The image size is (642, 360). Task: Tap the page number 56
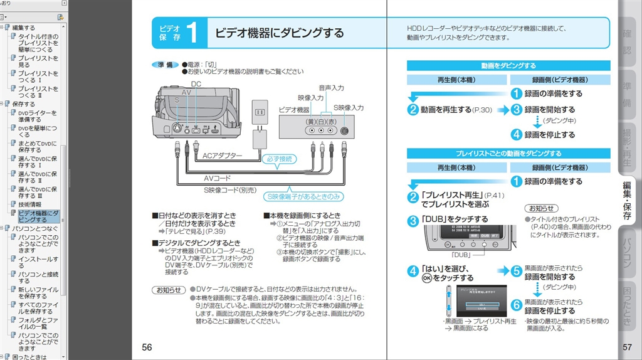[147, 347]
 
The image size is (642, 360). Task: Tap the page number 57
[627, 347]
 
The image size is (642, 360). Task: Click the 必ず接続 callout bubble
[279, 159]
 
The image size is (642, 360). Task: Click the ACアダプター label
[222, 155]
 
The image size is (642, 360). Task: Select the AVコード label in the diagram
[217, 178]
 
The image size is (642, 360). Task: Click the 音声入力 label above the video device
[331, 87]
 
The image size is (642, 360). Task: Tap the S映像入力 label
[349, 108]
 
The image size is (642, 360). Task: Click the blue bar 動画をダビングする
[508, 65]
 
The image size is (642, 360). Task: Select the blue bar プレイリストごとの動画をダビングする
[508, 153]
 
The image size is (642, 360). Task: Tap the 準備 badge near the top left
[165, 65]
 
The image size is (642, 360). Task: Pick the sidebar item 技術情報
[29, 204]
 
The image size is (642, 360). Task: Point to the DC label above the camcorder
[196, 84]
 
